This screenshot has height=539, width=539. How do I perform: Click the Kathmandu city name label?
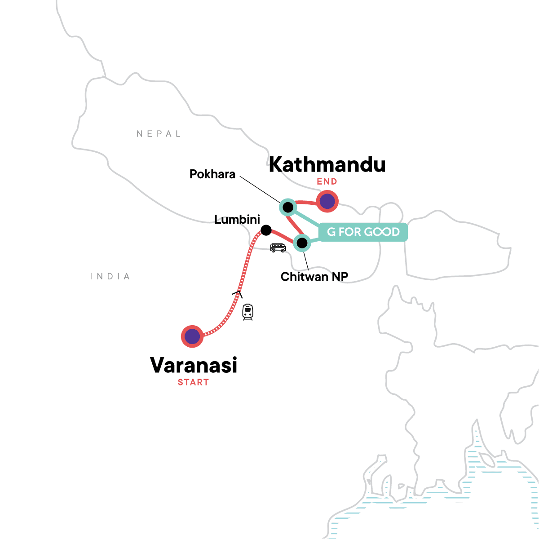(x=327, y=165)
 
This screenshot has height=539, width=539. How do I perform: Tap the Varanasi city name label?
(x=194, y=365)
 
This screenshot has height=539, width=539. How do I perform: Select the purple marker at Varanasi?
(x=192, y=336)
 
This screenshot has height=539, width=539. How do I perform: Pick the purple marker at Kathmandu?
(x=327, y=202)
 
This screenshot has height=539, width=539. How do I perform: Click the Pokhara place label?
(x=212, y=174)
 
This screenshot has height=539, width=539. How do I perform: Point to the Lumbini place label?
(x=237, y=220)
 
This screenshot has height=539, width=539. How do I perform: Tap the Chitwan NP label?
(x=314, y=277)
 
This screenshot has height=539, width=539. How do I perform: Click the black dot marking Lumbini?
(x=266, y=230)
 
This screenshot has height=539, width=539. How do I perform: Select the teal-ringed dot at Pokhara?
(x=287, y=208)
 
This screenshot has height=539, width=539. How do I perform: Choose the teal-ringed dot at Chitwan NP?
(x=302, y=243)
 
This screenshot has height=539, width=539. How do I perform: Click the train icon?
(x=247, y=312)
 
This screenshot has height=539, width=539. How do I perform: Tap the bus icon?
(x=278, y=247)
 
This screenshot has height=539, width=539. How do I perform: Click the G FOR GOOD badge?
(x=363, y=232)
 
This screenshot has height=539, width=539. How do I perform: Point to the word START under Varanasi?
(x=194, y=383)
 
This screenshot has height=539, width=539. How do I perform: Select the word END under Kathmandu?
(x=327, y=182)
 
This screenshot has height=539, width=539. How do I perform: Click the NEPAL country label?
(x=159, y=134)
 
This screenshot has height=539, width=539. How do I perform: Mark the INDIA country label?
(x=110, y=277)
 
